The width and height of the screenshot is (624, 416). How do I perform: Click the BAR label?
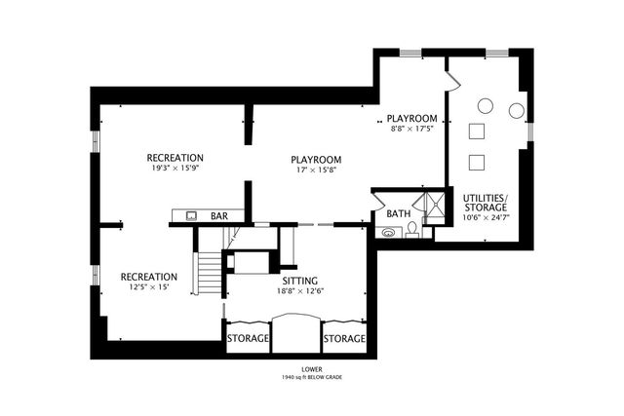click(x=219, y=216)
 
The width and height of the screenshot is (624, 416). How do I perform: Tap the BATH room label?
click(x=399, y=214)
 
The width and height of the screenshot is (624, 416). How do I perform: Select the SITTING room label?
click(x=300, y=281)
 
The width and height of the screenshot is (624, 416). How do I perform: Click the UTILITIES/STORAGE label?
click(x=486, y=203)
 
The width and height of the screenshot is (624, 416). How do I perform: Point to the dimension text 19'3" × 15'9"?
click(x=175, y=168)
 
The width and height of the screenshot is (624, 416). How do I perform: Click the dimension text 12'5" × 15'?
click(x=149, y=286)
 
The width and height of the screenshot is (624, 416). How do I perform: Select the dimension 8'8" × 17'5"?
click(x=411, y=129)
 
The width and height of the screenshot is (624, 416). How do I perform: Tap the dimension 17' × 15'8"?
click(x=316, y=170)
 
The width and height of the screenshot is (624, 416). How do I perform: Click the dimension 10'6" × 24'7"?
click(x=486, y=217)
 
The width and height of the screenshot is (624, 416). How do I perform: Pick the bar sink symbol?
click(x=192, y=216)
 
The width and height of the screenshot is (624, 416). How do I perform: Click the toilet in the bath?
click(x=411, y=230)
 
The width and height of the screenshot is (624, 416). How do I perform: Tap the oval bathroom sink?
click(x=388, y=232)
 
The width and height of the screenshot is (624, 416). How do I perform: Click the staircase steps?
click(x=210, y=273)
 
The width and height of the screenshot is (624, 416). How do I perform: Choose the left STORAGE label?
click(x=248, y=338)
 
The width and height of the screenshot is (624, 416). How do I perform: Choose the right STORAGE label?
click(x=344, y=338)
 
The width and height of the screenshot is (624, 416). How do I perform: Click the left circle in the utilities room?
click(x=486, y=106)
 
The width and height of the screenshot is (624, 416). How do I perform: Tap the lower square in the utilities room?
click(x=477, y=163)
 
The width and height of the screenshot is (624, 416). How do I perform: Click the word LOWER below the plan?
click(x=312, y=369)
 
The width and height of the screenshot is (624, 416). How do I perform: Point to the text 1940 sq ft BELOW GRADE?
click(x=312, y=377)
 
